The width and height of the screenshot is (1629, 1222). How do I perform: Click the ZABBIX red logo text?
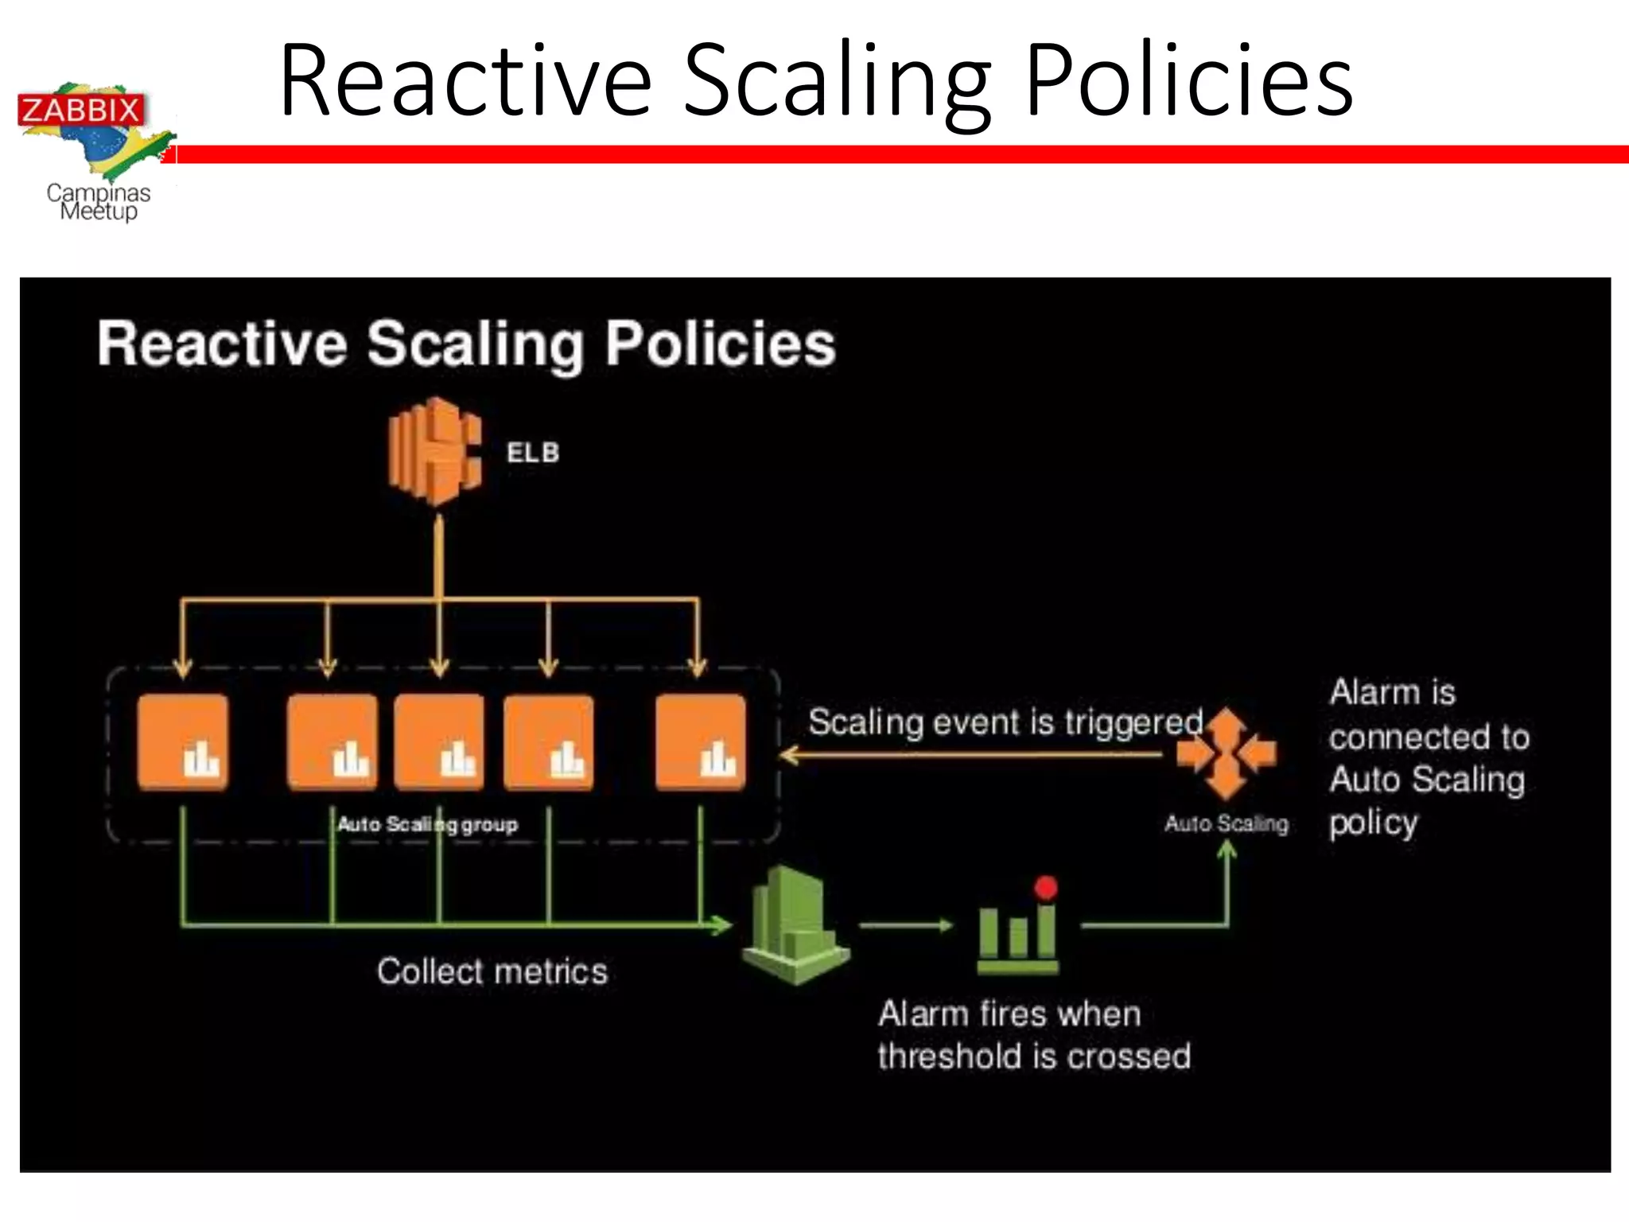[80, 110]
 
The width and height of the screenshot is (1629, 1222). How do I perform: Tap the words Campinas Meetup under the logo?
[99, 202]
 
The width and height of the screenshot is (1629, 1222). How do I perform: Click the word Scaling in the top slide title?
[838, 83]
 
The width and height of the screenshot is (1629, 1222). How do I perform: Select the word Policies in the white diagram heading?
[721, 344]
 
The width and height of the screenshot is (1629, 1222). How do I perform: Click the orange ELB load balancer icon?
[435, 452]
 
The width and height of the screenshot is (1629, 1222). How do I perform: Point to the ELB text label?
[533, 453]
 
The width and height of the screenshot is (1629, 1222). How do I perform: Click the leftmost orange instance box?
[183, 742]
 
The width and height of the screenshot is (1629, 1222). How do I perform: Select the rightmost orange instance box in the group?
[701, 742]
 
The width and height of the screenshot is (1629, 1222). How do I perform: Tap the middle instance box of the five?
[439, 742]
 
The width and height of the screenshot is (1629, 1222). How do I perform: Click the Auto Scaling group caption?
[427, 824]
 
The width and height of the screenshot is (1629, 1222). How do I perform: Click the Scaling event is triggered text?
[1005, 722]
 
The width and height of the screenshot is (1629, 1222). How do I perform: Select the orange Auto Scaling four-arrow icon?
[1227, 753]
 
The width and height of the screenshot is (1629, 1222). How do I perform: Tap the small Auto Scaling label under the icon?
[1227, 823]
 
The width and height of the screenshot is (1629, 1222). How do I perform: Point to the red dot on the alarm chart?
[1046, 888]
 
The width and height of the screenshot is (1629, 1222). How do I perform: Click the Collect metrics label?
[492, 971]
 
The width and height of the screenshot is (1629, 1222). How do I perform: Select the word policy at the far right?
[1374, 823]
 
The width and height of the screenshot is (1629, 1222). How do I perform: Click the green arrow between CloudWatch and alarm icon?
[907, 925]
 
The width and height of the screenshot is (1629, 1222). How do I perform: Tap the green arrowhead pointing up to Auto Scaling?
[1227, 850]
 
